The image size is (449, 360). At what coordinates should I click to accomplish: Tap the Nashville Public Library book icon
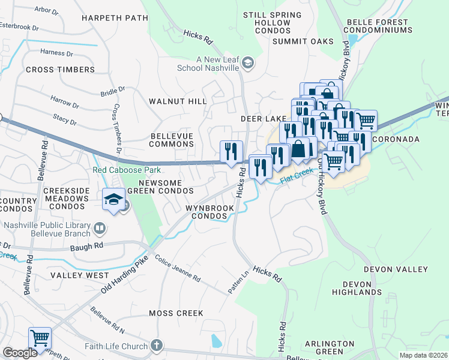point(100,228)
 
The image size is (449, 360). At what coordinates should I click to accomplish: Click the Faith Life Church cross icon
point(156,346)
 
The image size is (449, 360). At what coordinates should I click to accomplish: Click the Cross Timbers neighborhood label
point(60,70)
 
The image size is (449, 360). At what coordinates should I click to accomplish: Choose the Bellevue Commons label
point(172,140)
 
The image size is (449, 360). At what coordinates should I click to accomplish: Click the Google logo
point(20,353)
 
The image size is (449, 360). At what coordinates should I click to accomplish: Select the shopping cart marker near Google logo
point(40,337)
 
